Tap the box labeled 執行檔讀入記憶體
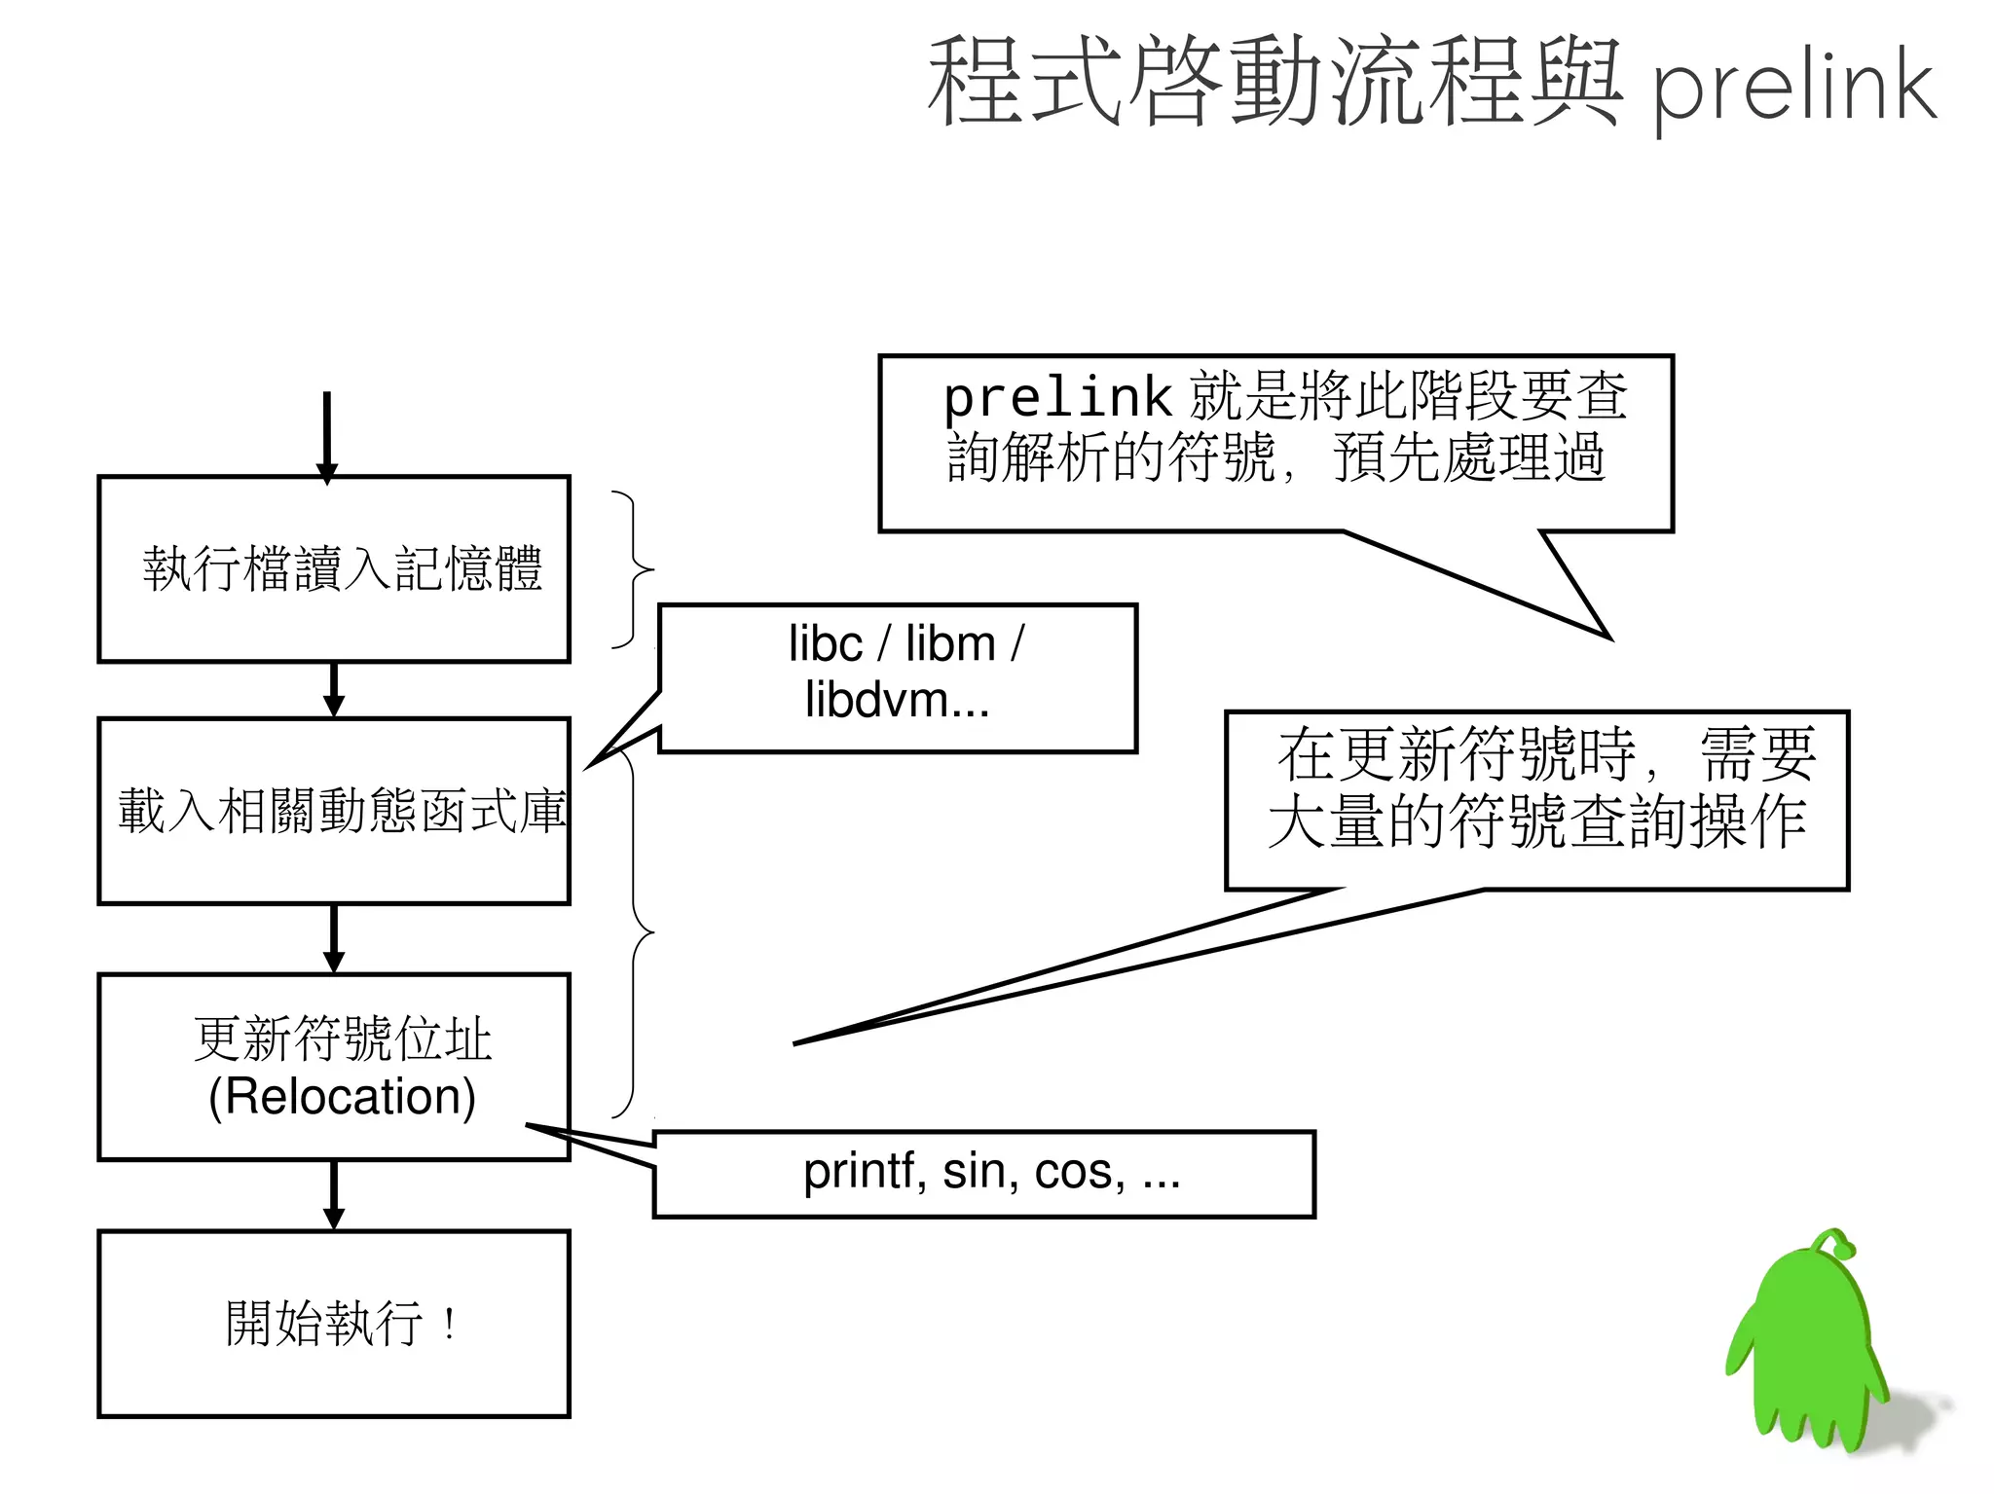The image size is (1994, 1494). [x=333, y=568]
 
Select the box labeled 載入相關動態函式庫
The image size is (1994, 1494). [x=333, y=811]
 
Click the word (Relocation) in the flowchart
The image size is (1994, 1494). [x=342, y=1097]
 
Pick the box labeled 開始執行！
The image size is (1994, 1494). [x=333, y=1324]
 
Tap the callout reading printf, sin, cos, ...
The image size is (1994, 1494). [x=983, y=1173]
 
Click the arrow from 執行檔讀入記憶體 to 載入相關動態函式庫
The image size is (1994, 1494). [x=333, y=690]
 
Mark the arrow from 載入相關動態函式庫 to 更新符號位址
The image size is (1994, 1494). [x=333, y=938]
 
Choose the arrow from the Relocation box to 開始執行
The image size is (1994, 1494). [x=333, y=1195]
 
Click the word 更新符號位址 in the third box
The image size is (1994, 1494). [x=342, y=1039]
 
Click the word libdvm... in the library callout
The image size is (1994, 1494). [x=897, y=701]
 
